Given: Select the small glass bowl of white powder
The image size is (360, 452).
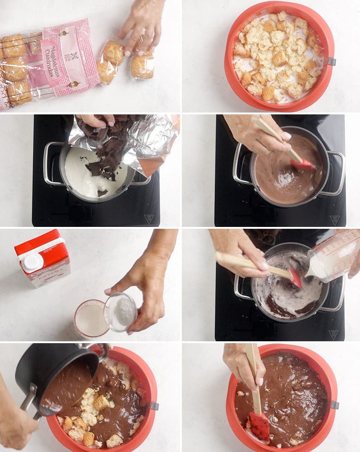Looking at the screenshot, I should click(x=121, y=312).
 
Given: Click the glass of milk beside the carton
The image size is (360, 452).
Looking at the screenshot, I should click(x=91, y=318).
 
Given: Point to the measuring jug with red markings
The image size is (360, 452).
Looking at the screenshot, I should click(x=333, y=255).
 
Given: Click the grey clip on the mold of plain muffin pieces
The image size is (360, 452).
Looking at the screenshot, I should click(x=331, y=62).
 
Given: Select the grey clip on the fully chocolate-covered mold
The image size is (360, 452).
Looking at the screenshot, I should click(x=335, y=404).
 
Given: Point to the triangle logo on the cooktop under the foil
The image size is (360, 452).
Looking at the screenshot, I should click(x=149, y=219).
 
